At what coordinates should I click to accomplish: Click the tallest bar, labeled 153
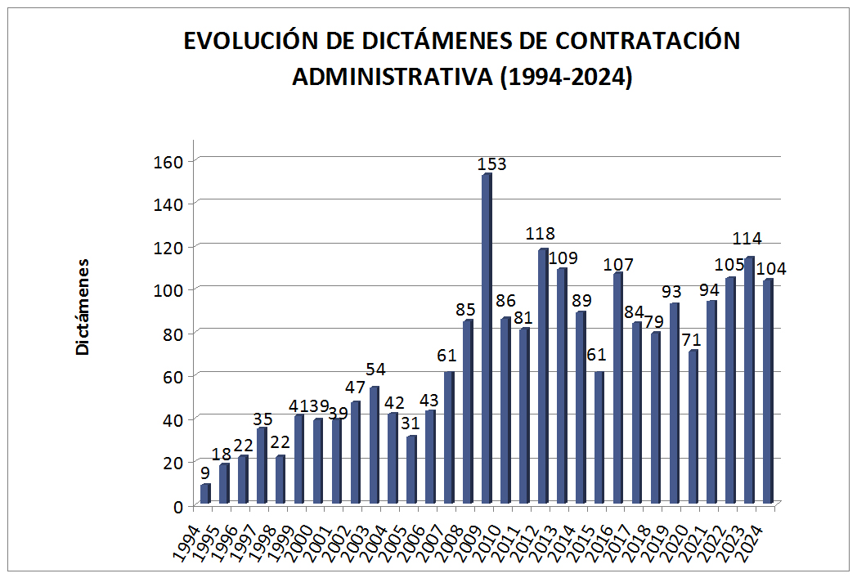tap(487, 339)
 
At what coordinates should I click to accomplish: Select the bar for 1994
tap(205, 495)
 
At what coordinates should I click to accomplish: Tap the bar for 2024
tap(768, 392)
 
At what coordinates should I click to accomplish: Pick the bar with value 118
tap(543, 377)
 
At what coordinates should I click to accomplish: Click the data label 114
tap(747, 239)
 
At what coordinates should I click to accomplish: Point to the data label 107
tap(618, 264)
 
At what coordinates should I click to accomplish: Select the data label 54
tap(375, 370)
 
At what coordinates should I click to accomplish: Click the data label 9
tap(204, 472)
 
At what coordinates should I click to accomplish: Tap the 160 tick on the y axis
tap(168, 160)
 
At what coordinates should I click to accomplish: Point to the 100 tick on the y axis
tap(168, 289)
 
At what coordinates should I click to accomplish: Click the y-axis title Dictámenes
tap(83, 307)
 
